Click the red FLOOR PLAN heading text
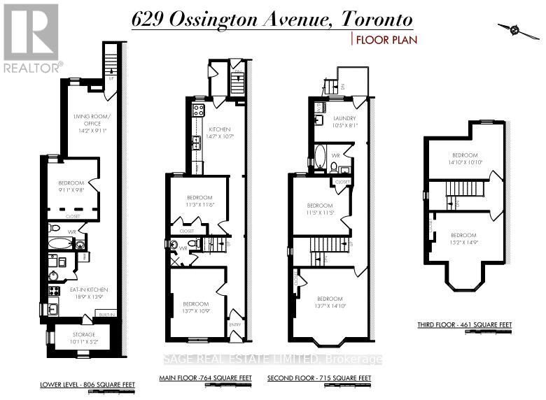tap(387, 40)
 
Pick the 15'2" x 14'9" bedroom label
tap(464, 238)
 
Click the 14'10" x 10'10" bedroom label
tap(464, 159)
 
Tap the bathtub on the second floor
tap(320, 157)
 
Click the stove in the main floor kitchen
tap(198, 110)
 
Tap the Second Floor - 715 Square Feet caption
tap(319, 378)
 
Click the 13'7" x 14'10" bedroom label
tap(330, 302)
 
